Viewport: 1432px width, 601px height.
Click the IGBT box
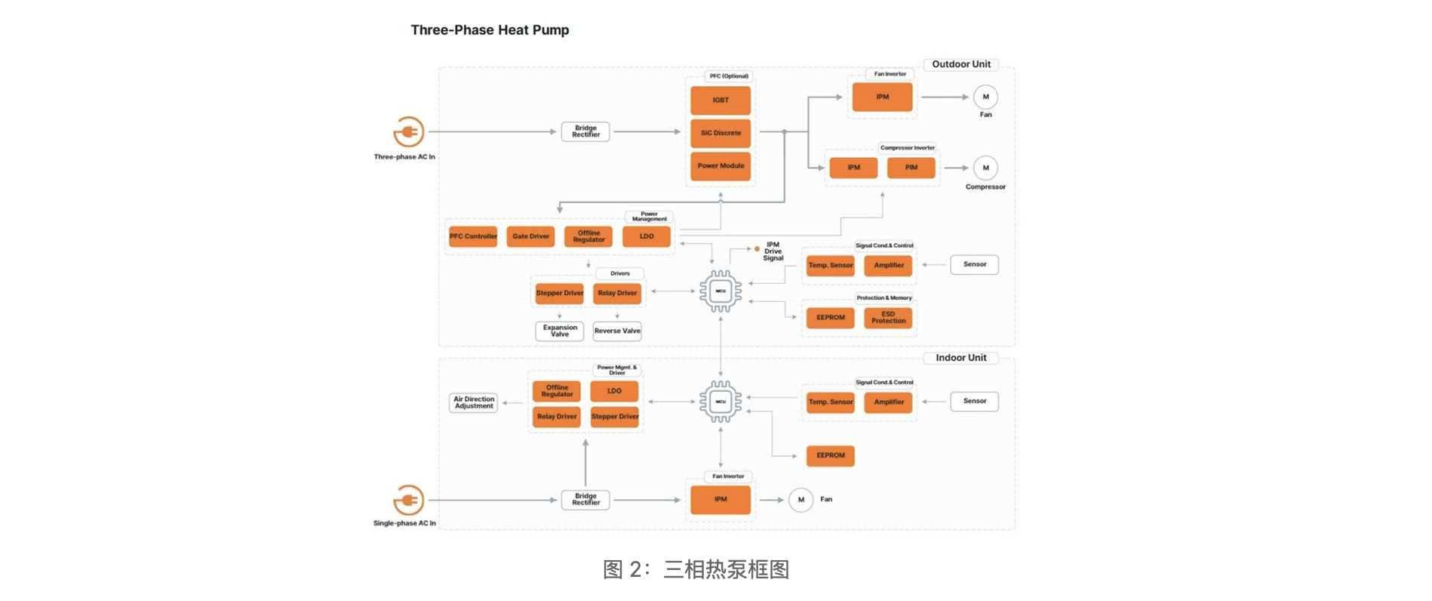[x=721, y=100]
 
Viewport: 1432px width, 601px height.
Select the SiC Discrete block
[x=721, y=133]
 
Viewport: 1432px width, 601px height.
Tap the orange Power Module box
[x=721, y=166]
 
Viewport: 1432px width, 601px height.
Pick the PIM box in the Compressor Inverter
[x=911, y=168]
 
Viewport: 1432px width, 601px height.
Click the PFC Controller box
[x=473, y=236]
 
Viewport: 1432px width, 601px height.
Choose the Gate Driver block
[x=530, y=236]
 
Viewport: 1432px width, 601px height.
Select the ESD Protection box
[x=888, y=318]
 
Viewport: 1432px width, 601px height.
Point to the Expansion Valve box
[x=559, y=331]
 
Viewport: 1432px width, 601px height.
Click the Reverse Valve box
[x=616, y=331]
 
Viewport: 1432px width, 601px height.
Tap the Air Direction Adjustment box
[x=473, y=402]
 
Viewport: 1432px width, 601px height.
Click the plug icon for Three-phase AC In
[x=408, y=132]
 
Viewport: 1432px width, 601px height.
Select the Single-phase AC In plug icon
[x=408, y=500]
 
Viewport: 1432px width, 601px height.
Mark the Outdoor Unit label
[x=960, y=64]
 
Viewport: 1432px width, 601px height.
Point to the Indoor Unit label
[x=960, y=358]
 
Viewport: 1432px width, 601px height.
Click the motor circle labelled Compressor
[x=985, y=168]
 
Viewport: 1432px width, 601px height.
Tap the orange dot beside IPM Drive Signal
[x=757, y=248]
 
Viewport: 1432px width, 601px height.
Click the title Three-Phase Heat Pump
[x=490, y=30]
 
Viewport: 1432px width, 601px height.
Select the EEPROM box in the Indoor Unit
[x=830, y=455]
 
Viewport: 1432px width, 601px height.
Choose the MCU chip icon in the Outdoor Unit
[x=721, y=291]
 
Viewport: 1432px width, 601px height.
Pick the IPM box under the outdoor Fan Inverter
[x=882, y=97]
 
